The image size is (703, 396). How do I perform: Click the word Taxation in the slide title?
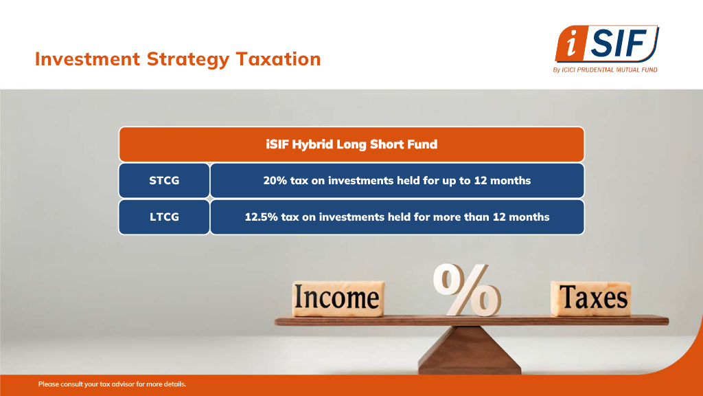(279, 59)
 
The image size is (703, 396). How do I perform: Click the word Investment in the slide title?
(87, 59)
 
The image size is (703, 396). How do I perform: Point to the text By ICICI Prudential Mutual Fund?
(606, 69)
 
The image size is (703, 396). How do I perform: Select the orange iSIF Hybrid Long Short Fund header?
(351, 144)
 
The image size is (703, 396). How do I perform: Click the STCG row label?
(164, 181)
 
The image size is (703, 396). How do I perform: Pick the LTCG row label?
(164, 217)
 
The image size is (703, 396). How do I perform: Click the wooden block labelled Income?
(338, 298)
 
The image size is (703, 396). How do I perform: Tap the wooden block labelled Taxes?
(591, 298)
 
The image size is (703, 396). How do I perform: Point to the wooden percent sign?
(466, 289)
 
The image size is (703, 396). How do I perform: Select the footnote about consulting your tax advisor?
(112, 384)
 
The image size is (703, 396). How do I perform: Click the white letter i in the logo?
(571, 43)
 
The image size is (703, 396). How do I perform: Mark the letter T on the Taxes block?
(568, 297)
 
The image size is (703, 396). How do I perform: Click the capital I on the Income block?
(299, 297)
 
